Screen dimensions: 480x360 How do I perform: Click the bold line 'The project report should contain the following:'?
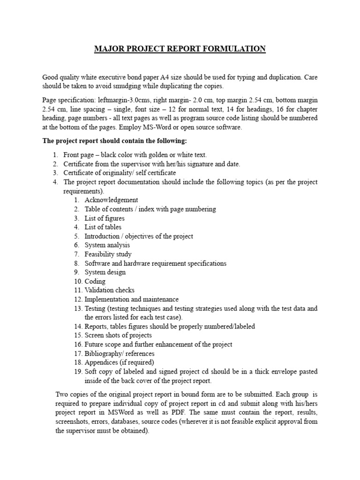pyautogui.click(x=114, y=141)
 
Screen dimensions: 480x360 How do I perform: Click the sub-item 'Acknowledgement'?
pyautogui.click(x=111, y=200)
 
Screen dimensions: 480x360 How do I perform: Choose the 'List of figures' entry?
pyautogui.click(x=104, y=218)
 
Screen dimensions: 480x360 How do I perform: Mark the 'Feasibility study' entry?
pyautogui.click(x=108, y=254)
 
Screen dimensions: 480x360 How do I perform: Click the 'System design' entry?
pyautogui.click(x=105, y=272)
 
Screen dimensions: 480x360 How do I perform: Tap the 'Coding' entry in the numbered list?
pyautogui.click(x=95, y=281)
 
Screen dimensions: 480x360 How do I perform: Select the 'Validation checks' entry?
pyautogui.click(x=109, y=290)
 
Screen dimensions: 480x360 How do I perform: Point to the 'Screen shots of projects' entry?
pyautogui.click(x=118, y=336)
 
